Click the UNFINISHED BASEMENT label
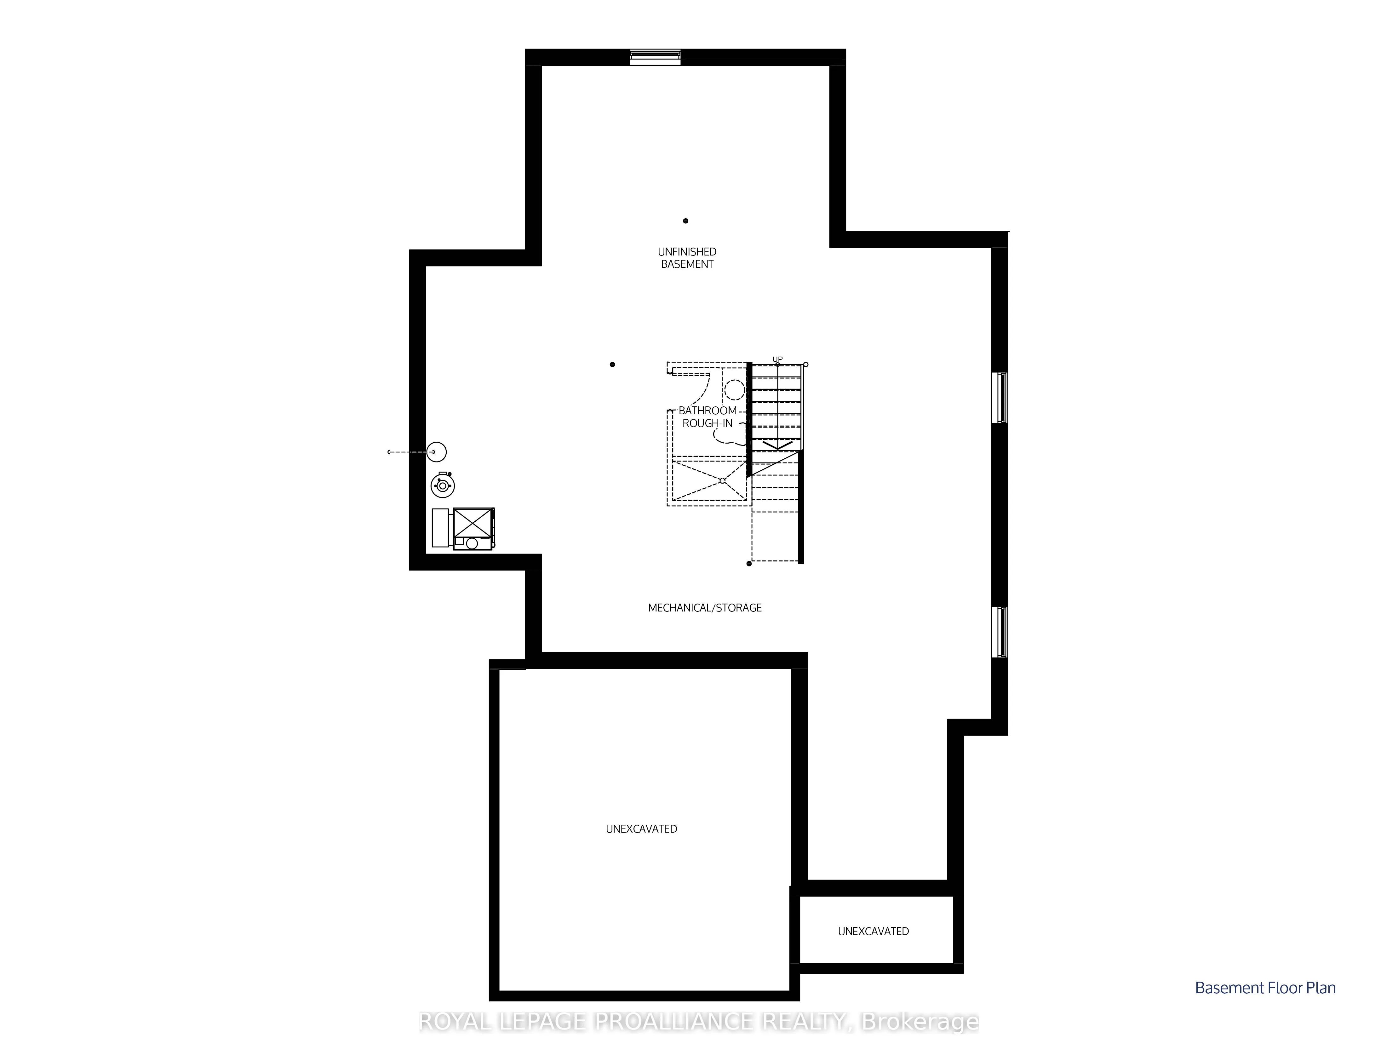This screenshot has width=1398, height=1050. pos(687,258)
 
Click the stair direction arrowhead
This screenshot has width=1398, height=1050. pos(777,446)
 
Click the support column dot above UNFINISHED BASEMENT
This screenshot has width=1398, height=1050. pos(685,221)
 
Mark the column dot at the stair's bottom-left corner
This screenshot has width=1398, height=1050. pos(749,563)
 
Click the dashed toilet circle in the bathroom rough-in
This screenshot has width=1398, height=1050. pos(734,389)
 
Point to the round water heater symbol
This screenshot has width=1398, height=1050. pos(442,485)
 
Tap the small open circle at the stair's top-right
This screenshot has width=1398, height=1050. pos(805,365)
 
